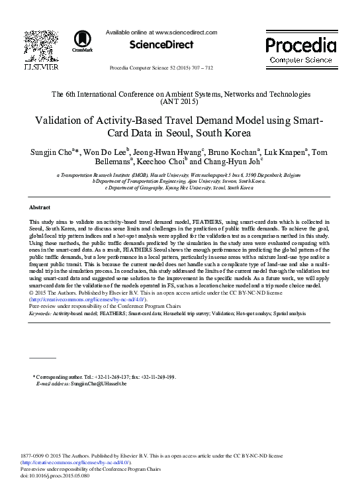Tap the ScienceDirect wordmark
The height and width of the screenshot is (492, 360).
coord(161,45)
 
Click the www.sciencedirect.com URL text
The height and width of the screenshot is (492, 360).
coord(186,32)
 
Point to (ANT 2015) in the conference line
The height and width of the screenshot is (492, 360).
coord(179,103)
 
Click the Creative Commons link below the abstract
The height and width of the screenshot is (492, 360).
coord(83,299)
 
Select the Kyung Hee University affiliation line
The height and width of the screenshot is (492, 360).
coord(179,187)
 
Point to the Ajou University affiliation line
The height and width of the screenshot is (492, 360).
coord(179,181)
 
